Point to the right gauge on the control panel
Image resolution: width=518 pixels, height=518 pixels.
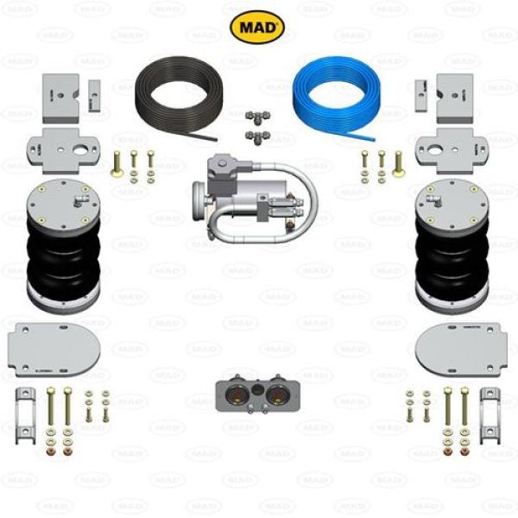point(275,397)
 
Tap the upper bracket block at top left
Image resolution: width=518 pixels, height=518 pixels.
point(63,94)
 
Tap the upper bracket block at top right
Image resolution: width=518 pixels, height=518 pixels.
point(452,94)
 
